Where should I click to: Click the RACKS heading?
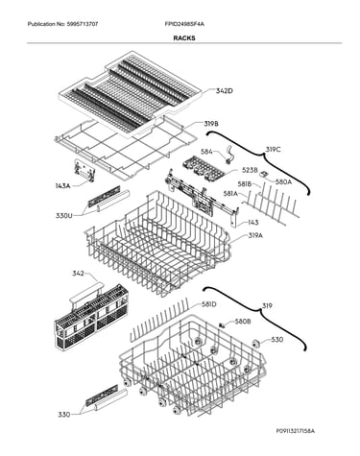pos(184,37)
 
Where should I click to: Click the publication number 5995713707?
pos(83,24)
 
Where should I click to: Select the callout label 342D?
pos(224,91)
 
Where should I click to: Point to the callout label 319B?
pos(211,124)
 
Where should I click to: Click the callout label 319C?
pos(273,150)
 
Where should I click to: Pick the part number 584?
pos(206,152)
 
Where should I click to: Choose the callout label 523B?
pos(250,170)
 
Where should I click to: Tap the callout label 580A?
pos(283,181)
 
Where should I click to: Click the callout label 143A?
pos(62,185)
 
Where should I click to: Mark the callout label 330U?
pos(64,215)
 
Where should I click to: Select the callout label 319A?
pos(255,236)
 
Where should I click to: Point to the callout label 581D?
pos(209,304)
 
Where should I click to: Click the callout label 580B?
pos(243,322)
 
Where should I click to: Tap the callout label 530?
pos(277,339)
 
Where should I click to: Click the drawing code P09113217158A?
pos(296,431)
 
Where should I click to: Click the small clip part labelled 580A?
pos(264,174)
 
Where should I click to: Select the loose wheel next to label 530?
pos(255,344)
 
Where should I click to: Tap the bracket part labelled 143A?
pos(84,170)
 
